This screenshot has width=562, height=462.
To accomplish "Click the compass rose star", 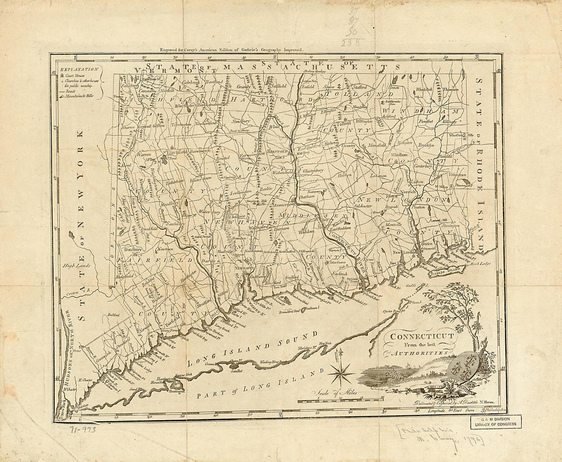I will click(340, 374).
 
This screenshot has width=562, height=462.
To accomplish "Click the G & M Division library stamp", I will click(497, 422).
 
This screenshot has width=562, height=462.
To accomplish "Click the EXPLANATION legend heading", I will click(78, 69).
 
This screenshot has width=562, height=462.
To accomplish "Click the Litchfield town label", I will click(175, 152).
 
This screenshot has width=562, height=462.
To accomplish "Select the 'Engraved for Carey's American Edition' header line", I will click(231, 50).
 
